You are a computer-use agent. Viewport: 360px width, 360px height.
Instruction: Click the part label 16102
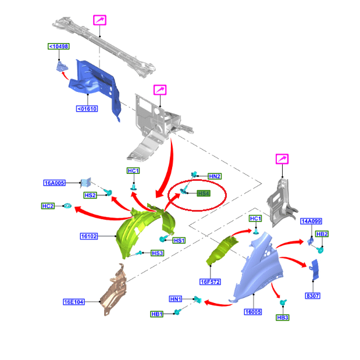pos(90,237)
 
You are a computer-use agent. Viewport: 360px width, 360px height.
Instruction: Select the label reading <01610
pos(87,108)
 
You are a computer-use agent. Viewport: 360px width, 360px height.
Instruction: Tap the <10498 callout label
pos(58,47)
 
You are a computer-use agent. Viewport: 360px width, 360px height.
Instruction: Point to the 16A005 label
pos(55,183)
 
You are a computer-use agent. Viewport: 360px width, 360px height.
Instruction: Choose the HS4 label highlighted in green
pos(203,194)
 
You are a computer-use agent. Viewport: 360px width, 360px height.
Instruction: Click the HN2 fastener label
pos(215,176)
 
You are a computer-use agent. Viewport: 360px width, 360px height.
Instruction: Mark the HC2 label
pos(48,206)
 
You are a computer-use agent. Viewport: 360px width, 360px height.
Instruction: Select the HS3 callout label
pos(157,253)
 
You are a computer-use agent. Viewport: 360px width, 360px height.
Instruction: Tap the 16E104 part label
pos(74,302)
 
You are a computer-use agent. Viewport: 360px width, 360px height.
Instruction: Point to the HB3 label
pos(283,318)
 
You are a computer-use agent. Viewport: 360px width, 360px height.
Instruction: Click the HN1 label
pos(176,299)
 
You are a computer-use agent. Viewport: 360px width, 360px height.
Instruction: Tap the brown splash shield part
pos(115,288)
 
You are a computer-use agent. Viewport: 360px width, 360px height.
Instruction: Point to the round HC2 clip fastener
pos(67,206)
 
